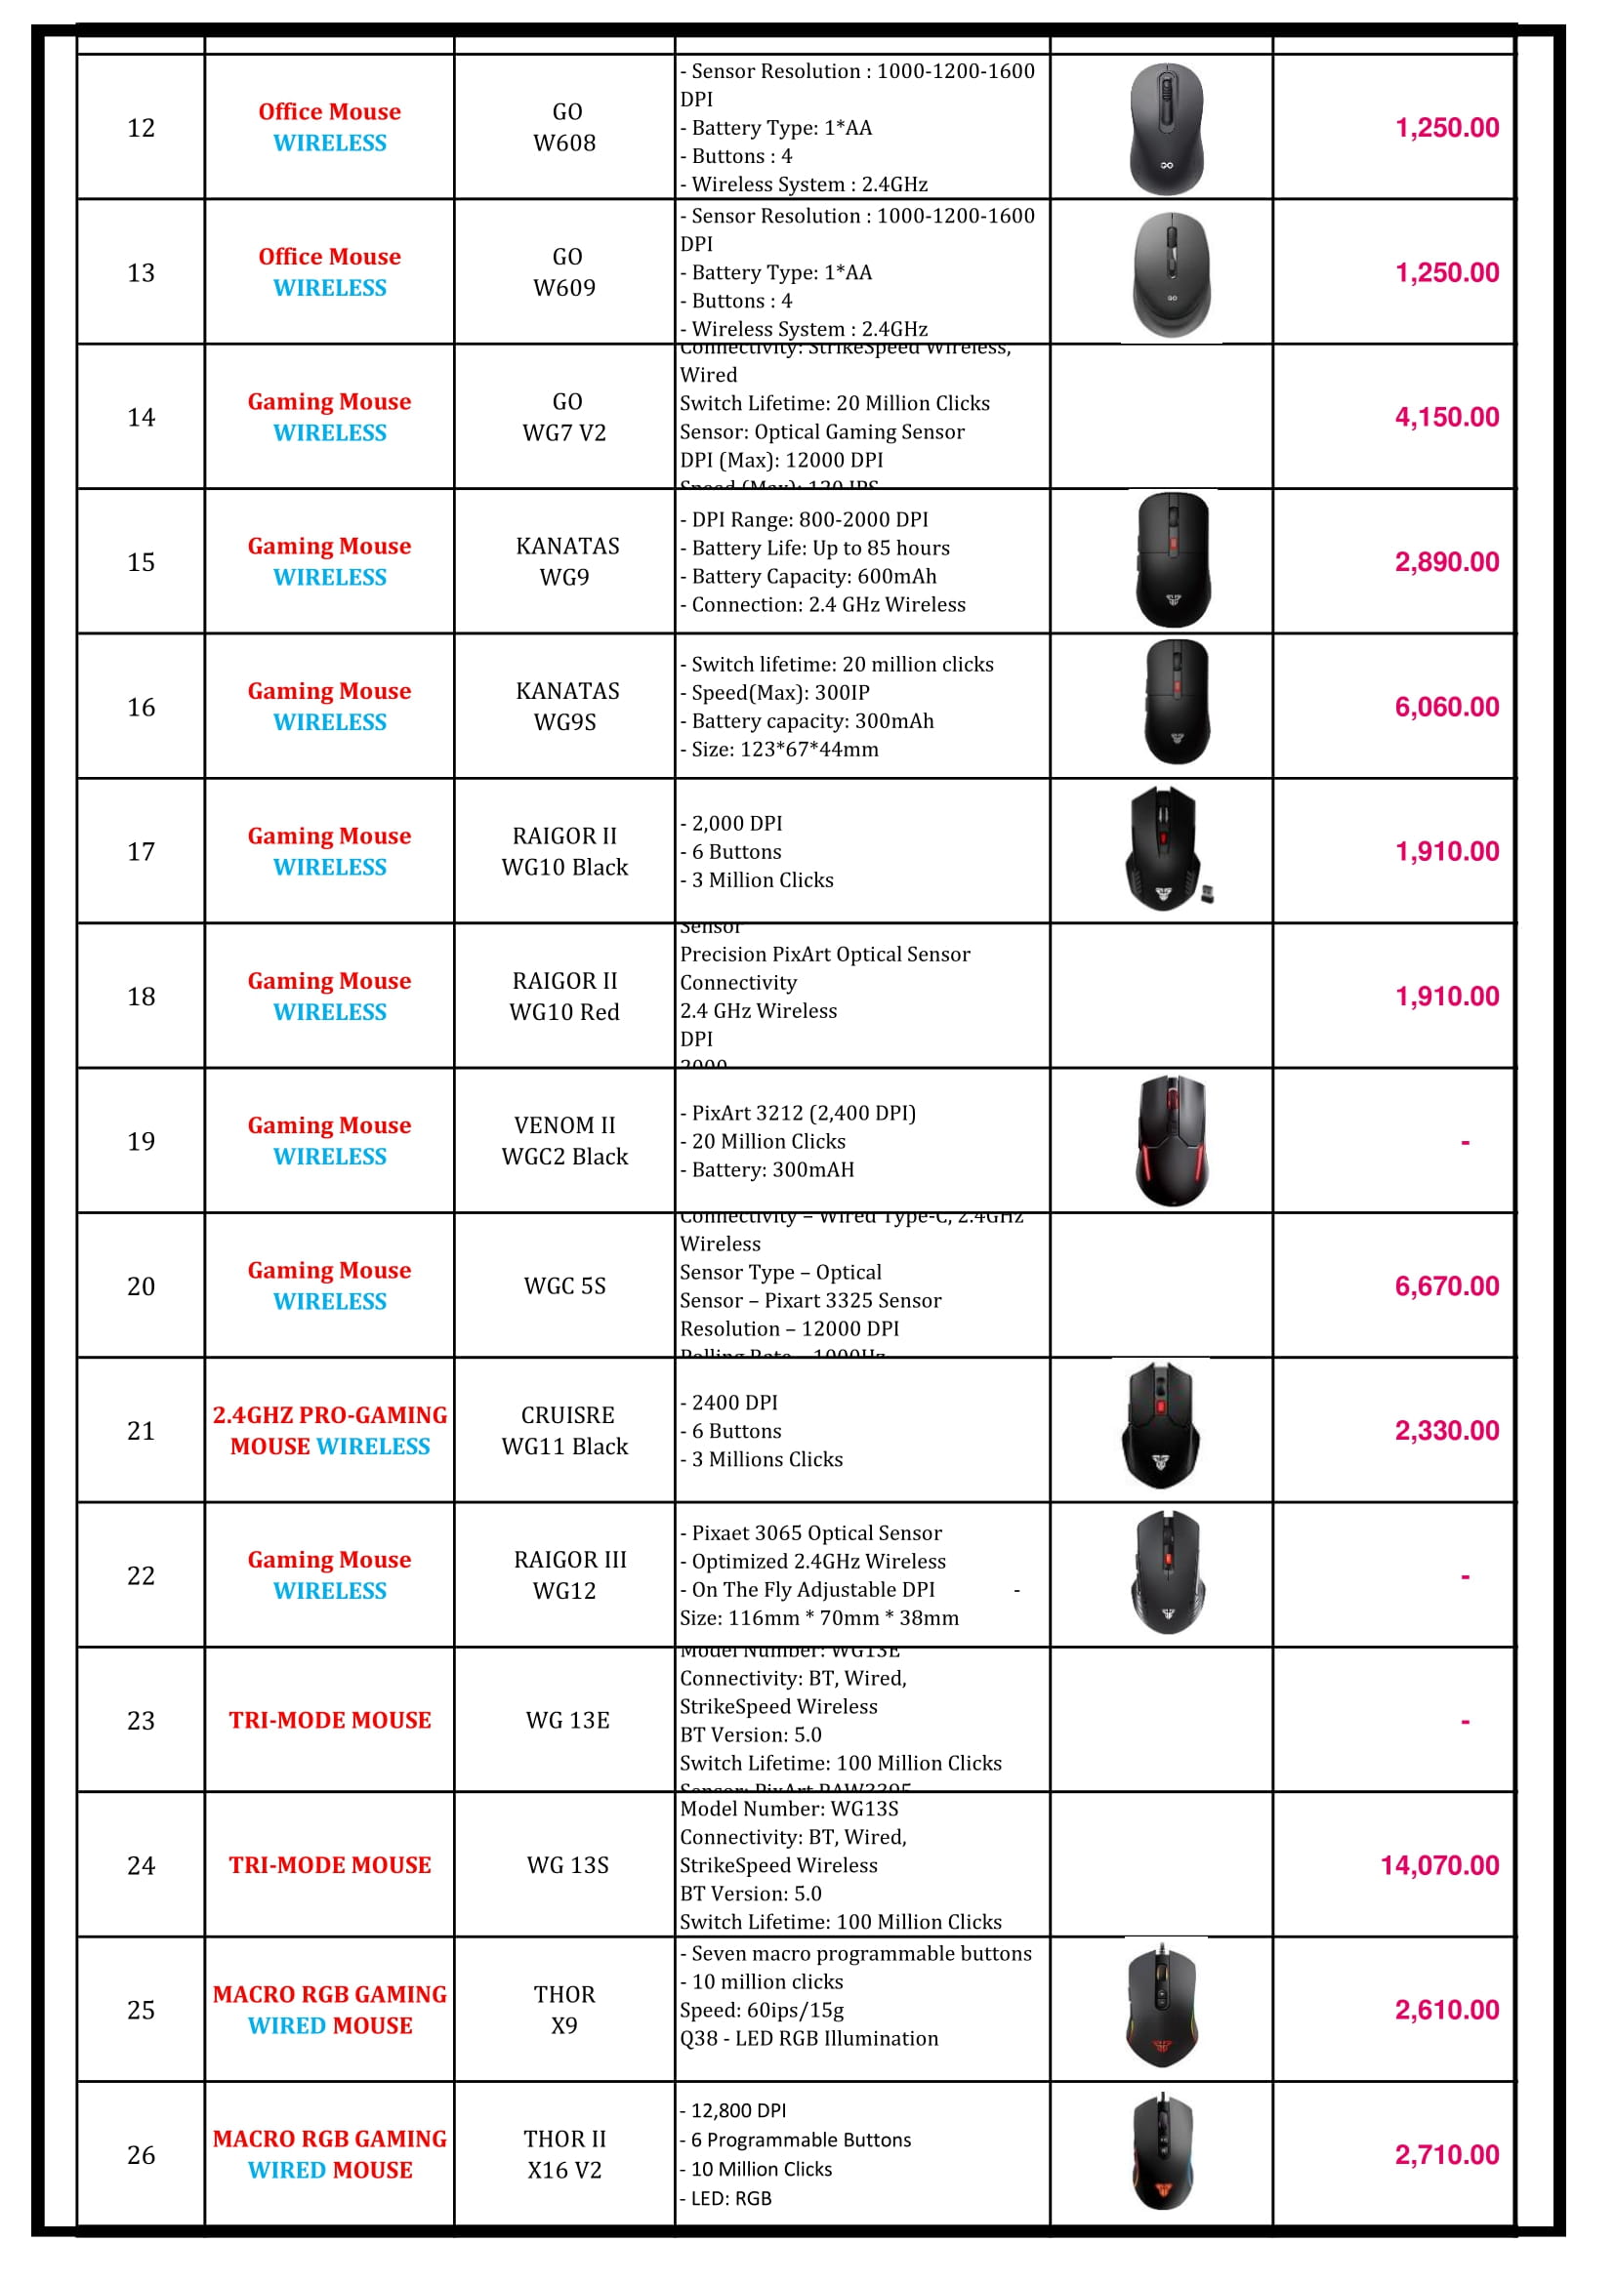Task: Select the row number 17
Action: tap(142, 852)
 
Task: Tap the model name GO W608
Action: tap(563, 127)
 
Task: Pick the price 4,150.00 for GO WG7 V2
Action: tap(1446, 418)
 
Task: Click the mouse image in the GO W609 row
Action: tap(1171, 273)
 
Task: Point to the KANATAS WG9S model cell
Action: tap(563, 707)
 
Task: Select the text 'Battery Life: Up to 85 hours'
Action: tap(820, 548)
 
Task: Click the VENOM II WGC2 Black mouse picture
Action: tap(1172, 1140)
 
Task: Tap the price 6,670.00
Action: tap(1446, 1286)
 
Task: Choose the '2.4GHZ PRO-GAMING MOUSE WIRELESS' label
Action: tap(330, 1431)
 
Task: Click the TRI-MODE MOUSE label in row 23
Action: tap(330, 1720)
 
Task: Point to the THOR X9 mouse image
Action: tap(1162, 2009)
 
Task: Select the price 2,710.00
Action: tap(1446, 2155)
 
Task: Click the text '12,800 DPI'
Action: tap(738, 2110)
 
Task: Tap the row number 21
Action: tap(142, 1431)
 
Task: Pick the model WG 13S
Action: tap(567, 1865)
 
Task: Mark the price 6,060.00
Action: tap(1446, 707)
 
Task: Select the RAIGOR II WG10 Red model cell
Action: tap(563, 997)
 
